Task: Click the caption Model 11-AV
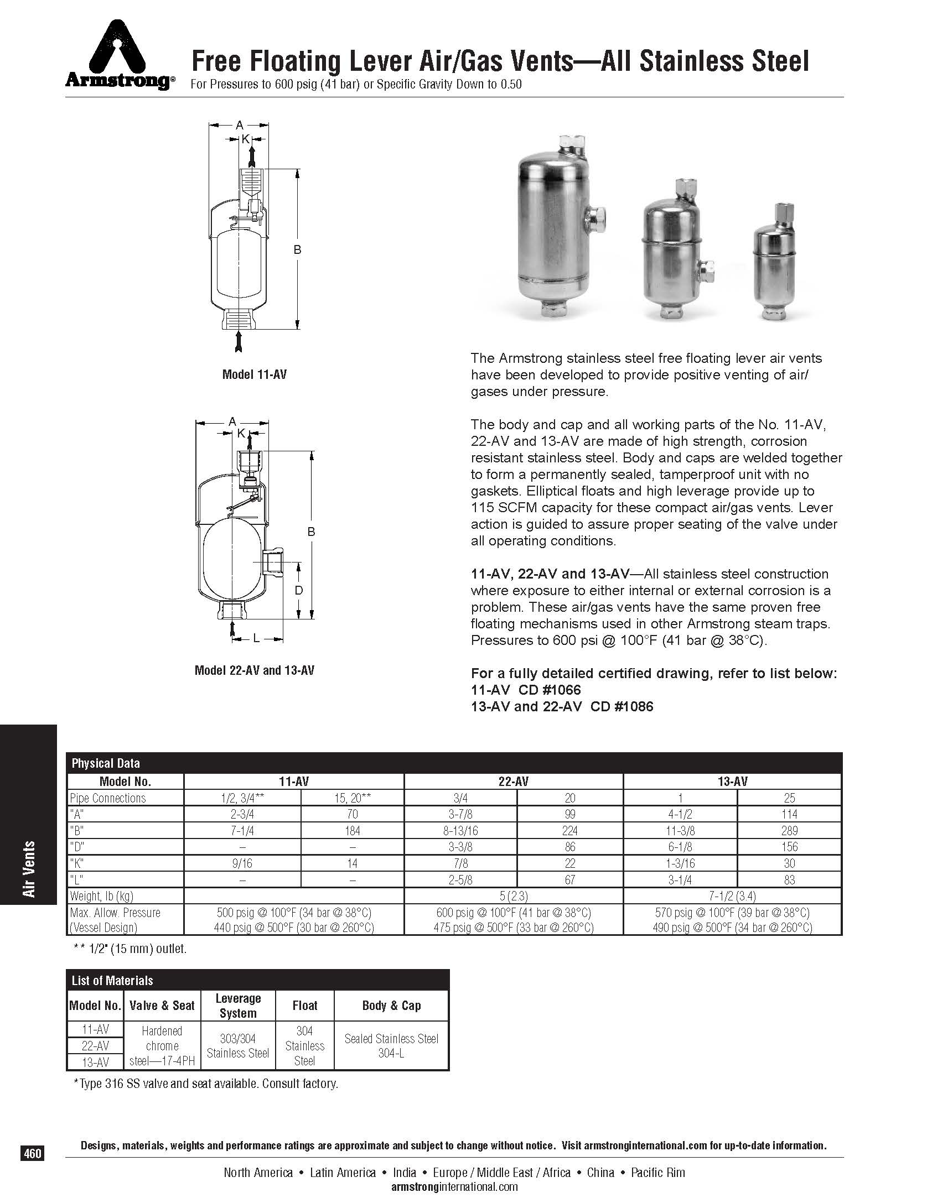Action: coord(254,374)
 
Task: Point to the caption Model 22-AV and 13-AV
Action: coord(254,670)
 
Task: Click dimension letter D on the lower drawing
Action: coord(299,591)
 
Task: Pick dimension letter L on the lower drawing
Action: coord(256,638)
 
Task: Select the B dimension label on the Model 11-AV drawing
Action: coord(297,250)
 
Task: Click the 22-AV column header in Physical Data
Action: coord(514,781)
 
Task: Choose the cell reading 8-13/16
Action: coord(461,830)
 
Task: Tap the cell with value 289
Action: coord(789,830)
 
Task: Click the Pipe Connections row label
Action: coord(108,798)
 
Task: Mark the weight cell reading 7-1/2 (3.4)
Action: coord(732,895)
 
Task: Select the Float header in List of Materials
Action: coord(304,1006)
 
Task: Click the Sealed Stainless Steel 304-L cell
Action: coord(391,1046)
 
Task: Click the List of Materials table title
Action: coord(112,981)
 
